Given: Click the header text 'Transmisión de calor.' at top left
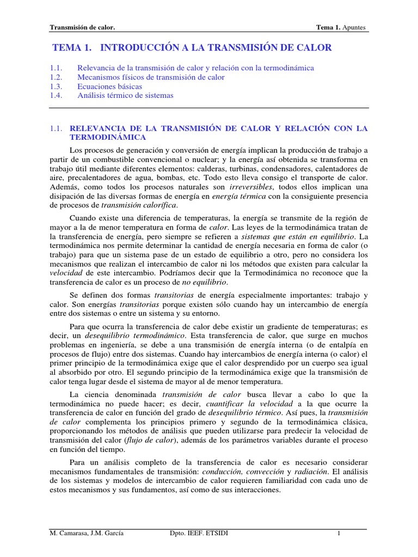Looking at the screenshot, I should click(82, 27).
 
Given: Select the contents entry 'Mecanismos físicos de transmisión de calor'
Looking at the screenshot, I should click(151, 77).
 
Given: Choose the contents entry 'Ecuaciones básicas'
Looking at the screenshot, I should click(110, 86).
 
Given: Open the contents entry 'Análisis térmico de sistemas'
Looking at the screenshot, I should click(125, 95).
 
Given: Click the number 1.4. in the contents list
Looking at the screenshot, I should click(56, 95).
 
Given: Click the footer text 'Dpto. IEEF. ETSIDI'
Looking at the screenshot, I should click(199, 534).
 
